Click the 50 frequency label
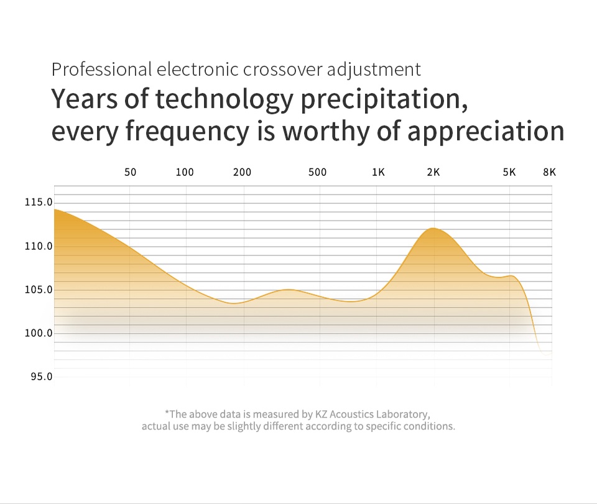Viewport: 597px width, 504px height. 130,172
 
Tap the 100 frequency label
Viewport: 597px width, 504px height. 185,172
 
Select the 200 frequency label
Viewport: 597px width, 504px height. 242,172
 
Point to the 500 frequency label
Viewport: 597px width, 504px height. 317,172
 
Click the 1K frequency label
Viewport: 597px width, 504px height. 378,172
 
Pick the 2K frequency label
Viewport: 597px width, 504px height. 433,172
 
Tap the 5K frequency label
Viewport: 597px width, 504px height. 509,172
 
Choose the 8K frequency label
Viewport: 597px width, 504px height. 549,172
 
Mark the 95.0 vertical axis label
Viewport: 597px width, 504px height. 41,377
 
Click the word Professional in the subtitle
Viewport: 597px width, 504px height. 102,69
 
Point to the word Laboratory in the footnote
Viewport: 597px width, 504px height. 404,414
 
